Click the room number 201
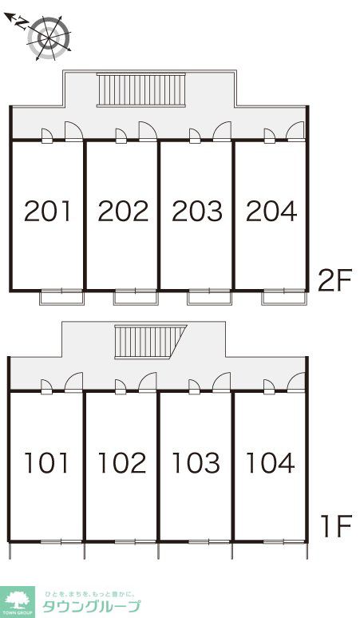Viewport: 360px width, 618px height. click(47, 211)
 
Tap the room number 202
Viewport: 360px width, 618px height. click(123, 211)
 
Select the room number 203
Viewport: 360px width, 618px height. click(197, 211)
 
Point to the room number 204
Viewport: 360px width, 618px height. click(271, 211)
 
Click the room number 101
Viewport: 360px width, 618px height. click(46, 463)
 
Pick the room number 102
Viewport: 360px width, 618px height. click(121, 463)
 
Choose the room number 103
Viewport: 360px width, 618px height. click(196, 463)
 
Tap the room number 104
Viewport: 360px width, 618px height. click(270, 463)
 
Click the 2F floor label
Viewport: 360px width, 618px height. click(334, 280)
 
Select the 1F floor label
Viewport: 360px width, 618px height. click(335, 526)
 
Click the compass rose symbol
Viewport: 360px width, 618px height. click(49, 38)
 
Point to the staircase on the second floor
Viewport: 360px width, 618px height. click(141, 90)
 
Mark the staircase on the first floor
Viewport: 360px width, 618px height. click(150, 342)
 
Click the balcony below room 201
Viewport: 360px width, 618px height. click(61, 297)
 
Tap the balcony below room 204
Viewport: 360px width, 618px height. click(284, 297)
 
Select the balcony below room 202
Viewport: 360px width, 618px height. click(136, 297)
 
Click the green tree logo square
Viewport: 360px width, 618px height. click(18, 602)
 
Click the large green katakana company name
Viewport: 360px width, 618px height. click(91, 606)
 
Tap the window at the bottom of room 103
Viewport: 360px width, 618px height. click(209, 542)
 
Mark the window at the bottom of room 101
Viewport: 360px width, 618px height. click(61, 542)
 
